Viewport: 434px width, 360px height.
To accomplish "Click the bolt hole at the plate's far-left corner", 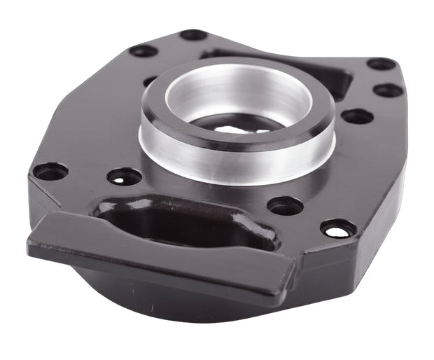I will [50, 171].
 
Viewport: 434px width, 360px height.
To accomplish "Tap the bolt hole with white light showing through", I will [337, 228].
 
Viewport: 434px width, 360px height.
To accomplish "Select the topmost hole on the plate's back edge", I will [193, 34].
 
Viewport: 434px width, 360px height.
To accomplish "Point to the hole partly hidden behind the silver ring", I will [150, 81].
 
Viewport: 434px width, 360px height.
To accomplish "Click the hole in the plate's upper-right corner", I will [381, 64].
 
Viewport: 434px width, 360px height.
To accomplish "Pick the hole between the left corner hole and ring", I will [124, 176].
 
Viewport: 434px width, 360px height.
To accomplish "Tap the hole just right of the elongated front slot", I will [286, 205].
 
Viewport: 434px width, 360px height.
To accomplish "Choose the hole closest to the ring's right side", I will [357, 116].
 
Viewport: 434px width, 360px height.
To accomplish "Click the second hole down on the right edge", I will [387, 90].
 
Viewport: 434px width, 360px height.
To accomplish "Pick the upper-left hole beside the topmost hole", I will [143, 50].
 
